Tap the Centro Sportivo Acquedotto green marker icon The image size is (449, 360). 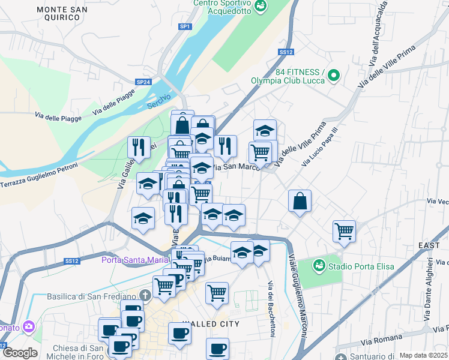tap(261, 7)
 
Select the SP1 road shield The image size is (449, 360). tap(185, 26)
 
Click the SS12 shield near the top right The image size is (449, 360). tap(286, 52)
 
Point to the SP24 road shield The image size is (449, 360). tap(143, 82)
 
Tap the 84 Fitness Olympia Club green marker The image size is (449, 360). tap(334, 76)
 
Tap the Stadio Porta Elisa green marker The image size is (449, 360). tap(319, 265)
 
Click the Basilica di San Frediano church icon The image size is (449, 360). tap(145, 295)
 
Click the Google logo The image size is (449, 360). tap(20, 352)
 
